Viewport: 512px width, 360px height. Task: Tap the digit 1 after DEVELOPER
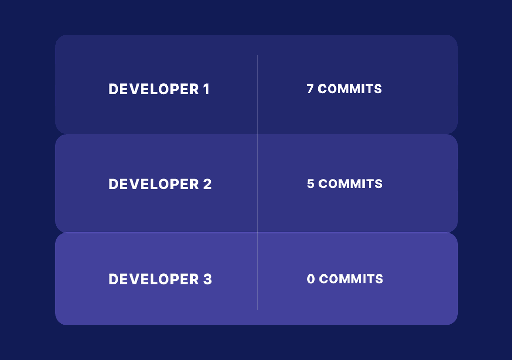pyautogui.click(x=206, y=89)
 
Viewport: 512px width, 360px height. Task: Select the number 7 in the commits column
pyautogui.click(x=310, y=89)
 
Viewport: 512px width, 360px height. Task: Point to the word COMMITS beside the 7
pyautogui.click(x=350, y=89)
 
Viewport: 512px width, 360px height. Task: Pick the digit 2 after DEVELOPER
pyautogui.click(x=207, y=184)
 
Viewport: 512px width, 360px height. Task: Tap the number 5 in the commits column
pyautogui.click(x=311, y=184)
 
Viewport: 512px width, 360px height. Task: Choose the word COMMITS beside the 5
pyautogui.click(x=351, y=184)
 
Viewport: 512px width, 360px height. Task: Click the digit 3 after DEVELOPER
pyautogui.click(x=207, y=279)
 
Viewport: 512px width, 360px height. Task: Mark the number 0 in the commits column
pyautogui.click(x=311, y=279)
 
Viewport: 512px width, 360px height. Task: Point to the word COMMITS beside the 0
pyautogui.click(x=351, y=279)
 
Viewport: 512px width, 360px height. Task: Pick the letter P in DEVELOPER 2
pyautogui.click(x=176, y=184)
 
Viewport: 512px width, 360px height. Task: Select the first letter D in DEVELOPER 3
pyautogui.click(x=113, y=279)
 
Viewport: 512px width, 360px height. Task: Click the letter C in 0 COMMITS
pyautogui.click(x=324, y=279)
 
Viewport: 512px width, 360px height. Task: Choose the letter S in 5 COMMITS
pyautogui.click(x=379, y=184)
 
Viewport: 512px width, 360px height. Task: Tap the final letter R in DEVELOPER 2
pyautogui.click(x=195, y=184)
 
